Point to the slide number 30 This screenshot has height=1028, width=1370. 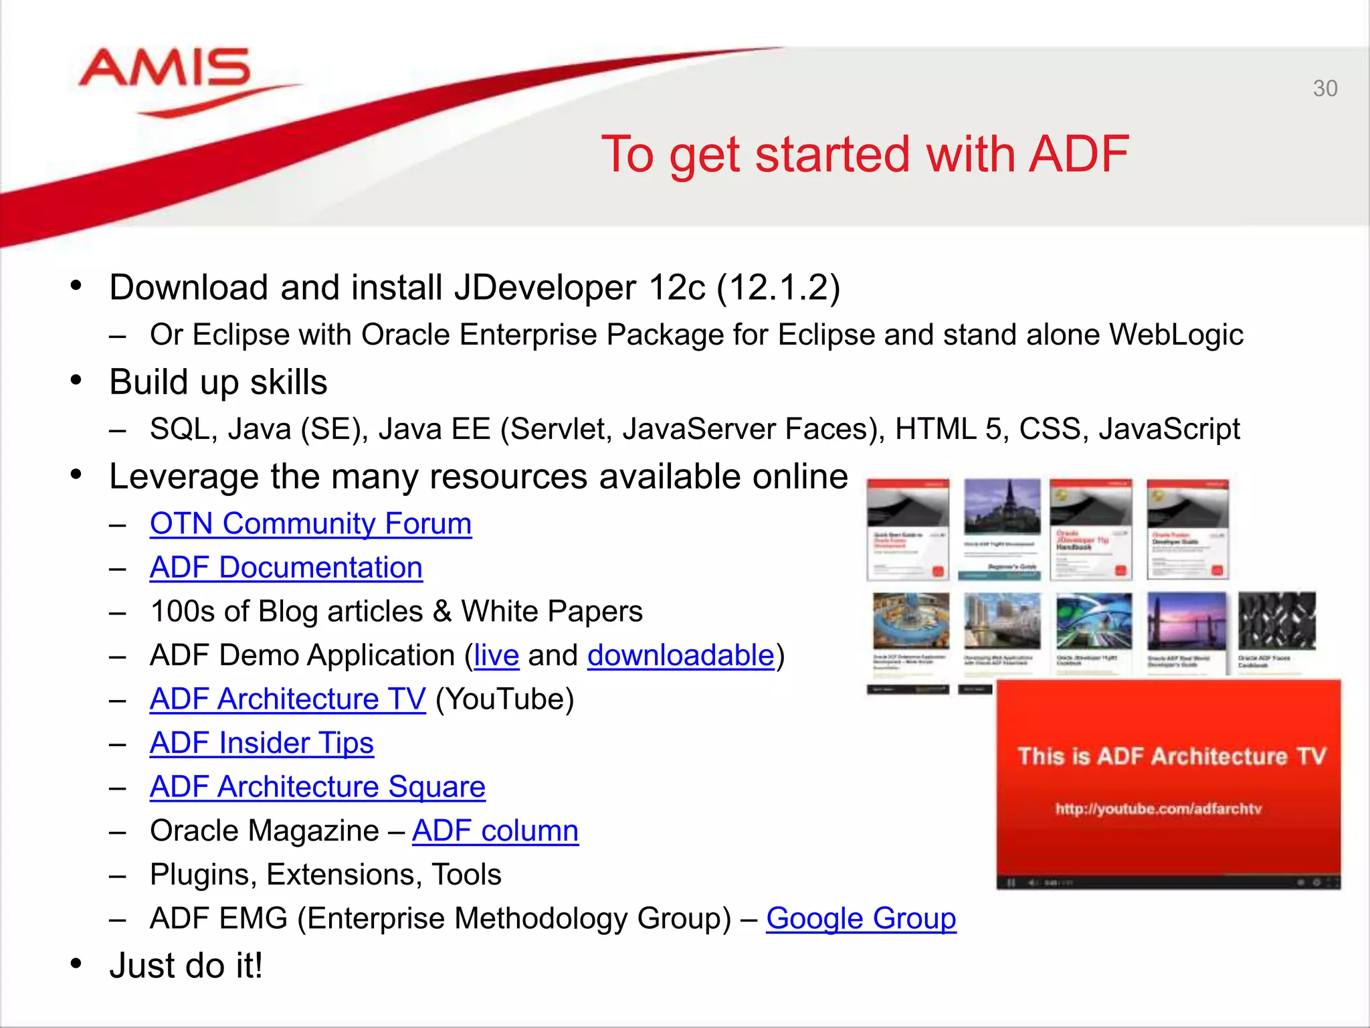pyautogui.click(x=1325, y=88)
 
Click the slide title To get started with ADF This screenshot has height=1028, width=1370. pyautogui.click(x=865, y=155)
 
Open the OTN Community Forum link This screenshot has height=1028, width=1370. pyautogui.click(x=310, y=523)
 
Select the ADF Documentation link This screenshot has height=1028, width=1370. pyautogui.click(x=286, y=568)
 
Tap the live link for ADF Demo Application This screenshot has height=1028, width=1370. pyautogui.click(x=496, y=655)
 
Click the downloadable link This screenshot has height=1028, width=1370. pyautogui.click(x=680, y=655)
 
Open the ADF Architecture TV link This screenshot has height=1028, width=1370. pyautogui.click(x=288, y=699)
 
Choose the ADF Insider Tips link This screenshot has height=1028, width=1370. pyautogui.click(x=262, y=743)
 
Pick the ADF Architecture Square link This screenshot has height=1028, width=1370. pyautogui.click(x=317, y=787)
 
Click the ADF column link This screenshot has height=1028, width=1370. pyautogui.click(x=495, y=831)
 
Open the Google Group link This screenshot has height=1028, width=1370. pyautogui.click(x=861, y=918)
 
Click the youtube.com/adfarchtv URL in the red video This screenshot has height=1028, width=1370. pyautogui.click(x=1159, y=808)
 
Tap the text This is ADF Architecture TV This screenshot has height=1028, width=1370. pyautogui.click(x=1171, y=756)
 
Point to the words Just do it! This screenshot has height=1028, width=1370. pyautogui.click(x=186, y=966)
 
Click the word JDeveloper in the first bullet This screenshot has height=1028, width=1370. pyautogui.click(x=545, y=288)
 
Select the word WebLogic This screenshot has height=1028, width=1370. pyautogui.click(x=1176, y=335)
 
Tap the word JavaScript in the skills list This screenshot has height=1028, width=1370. pyautogui.click(x=1169, y=429)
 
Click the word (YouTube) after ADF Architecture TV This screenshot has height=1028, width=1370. pyautogui.click(x=504, y=699)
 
